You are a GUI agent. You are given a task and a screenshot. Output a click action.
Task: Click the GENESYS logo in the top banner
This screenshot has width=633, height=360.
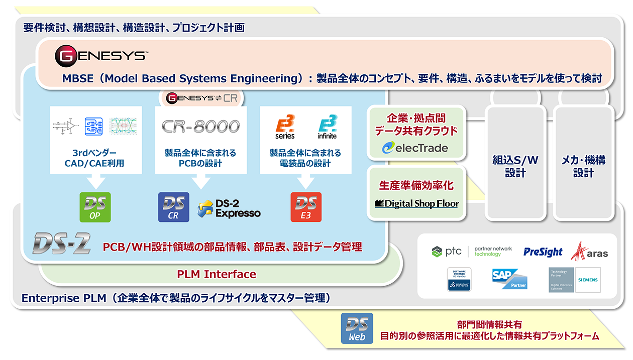tap(101, 55)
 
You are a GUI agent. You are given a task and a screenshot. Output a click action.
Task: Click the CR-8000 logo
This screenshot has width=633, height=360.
tap(201, 126)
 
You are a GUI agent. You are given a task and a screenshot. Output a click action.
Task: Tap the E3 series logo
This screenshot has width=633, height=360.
tap(285, 127)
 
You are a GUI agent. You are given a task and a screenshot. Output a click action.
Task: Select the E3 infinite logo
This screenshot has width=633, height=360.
tap(327, 127)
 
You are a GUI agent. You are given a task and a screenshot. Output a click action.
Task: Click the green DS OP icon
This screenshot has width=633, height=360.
tap(95, 207)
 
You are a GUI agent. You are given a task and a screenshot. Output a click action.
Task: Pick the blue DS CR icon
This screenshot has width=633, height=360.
tap(174, 207)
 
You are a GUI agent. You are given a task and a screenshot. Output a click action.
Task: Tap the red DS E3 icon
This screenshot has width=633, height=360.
tap(306, 207)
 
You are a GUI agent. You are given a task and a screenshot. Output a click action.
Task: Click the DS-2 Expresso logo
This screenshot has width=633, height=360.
tap(230, 208)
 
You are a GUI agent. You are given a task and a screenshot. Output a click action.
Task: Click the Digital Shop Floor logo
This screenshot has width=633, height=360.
tap(416, 204)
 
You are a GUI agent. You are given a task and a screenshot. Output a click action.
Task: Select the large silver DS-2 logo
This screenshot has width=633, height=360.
tap(62, 244)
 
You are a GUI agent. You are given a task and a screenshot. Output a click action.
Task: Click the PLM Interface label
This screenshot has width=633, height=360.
tap(217, 274)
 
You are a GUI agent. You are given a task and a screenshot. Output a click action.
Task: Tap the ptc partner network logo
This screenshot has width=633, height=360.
tap(472, 251)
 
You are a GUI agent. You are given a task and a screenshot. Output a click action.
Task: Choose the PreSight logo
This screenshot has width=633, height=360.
tap(543, 252)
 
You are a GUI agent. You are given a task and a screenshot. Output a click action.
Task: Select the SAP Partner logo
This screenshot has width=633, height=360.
tap(509, 279)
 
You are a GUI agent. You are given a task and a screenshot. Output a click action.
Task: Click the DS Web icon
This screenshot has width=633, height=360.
tap(357, 328)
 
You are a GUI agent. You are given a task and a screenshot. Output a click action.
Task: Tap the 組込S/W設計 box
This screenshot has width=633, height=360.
tap(515, 166)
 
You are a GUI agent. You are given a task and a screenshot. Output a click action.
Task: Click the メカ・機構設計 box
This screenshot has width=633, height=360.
tap(583, 166)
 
